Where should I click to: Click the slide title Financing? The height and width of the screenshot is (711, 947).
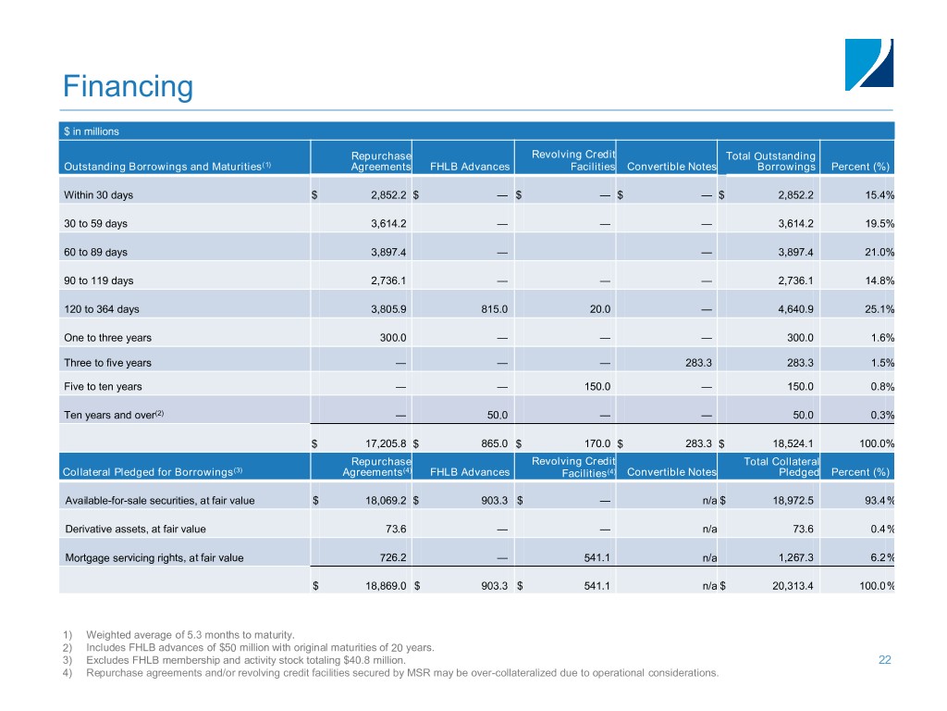(x=128, y=87)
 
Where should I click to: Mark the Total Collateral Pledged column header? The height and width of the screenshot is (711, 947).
(x=781, y=466)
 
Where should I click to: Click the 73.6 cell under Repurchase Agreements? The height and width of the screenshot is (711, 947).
(x=396, y=530)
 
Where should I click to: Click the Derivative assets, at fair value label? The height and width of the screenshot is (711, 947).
(x=135, y=530)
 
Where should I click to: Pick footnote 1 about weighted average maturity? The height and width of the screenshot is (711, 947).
(x=190, y=634)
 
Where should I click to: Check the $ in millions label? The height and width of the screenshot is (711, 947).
(x=92, y=131)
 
